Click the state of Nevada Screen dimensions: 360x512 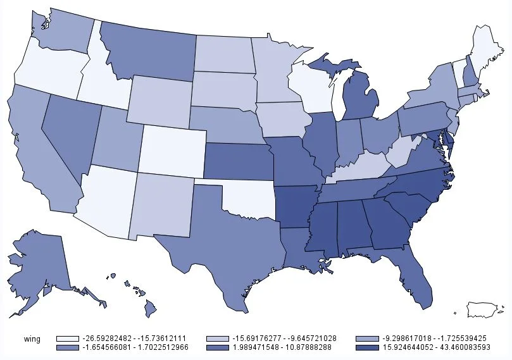pyautogui.click(x=70, y=136)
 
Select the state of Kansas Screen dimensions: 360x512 pyautogui.click(x=237, y=162)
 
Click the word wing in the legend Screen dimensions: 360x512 pyautogui.click(x=31, y=339)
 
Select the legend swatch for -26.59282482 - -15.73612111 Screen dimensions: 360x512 pyautogui.click(x=68, y=339)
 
